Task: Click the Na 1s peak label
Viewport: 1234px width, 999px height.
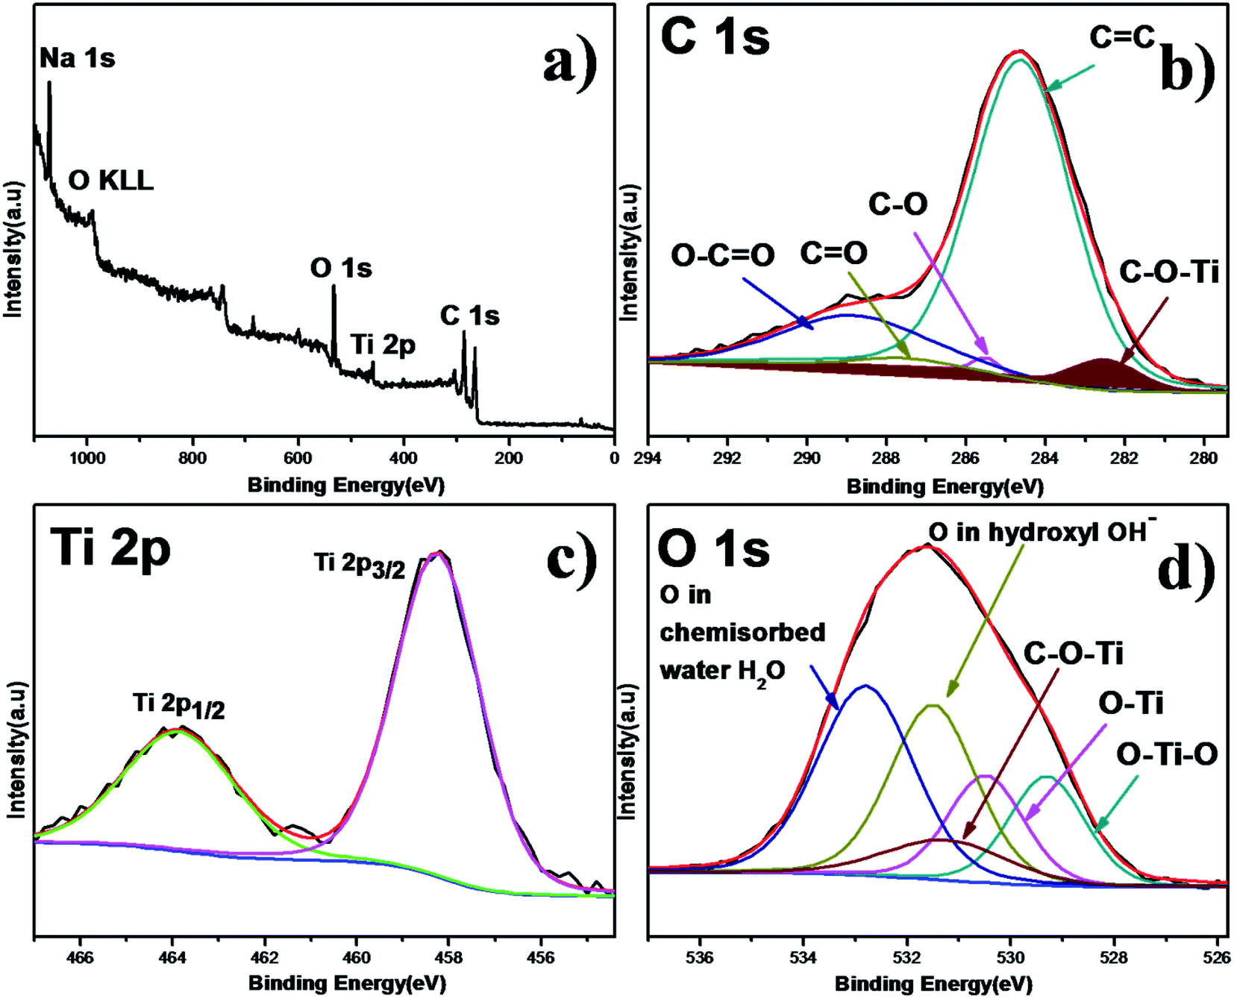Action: coord(78,58)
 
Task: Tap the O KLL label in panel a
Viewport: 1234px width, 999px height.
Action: coord(111,181)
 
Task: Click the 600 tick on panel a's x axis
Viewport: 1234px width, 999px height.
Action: coord(298,458)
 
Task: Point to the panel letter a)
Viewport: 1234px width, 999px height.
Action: coord(570,63)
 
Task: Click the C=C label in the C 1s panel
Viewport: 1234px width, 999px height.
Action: coord(1121,36)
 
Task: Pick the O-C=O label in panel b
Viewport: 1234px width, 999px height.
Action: coord(722,255)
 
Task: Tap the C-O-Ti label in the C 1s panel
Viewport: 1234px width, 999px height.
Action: coord(1168,273)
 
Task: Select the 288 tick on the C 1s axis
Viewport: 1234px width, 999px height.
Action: coord(886,458)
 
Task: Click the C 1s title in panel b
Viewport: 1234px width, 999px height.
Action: coord(715,37)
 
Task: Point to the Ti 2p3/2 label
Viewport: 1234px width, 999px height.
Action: coord(360,564)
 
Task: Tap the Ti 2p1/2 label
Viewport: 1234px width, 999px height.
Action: coord(179,704)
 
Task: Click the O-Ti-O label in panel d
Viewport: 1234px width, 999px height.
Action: coord(1166,754)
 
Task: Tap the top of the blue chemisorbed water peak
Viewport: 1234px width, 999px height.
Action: coord(865,686)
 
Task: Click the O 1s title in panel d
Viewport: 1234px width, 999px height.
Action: coord(713,549)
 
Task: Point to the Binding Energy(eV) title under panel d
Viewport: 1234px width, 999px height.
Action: coord(933,984)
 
